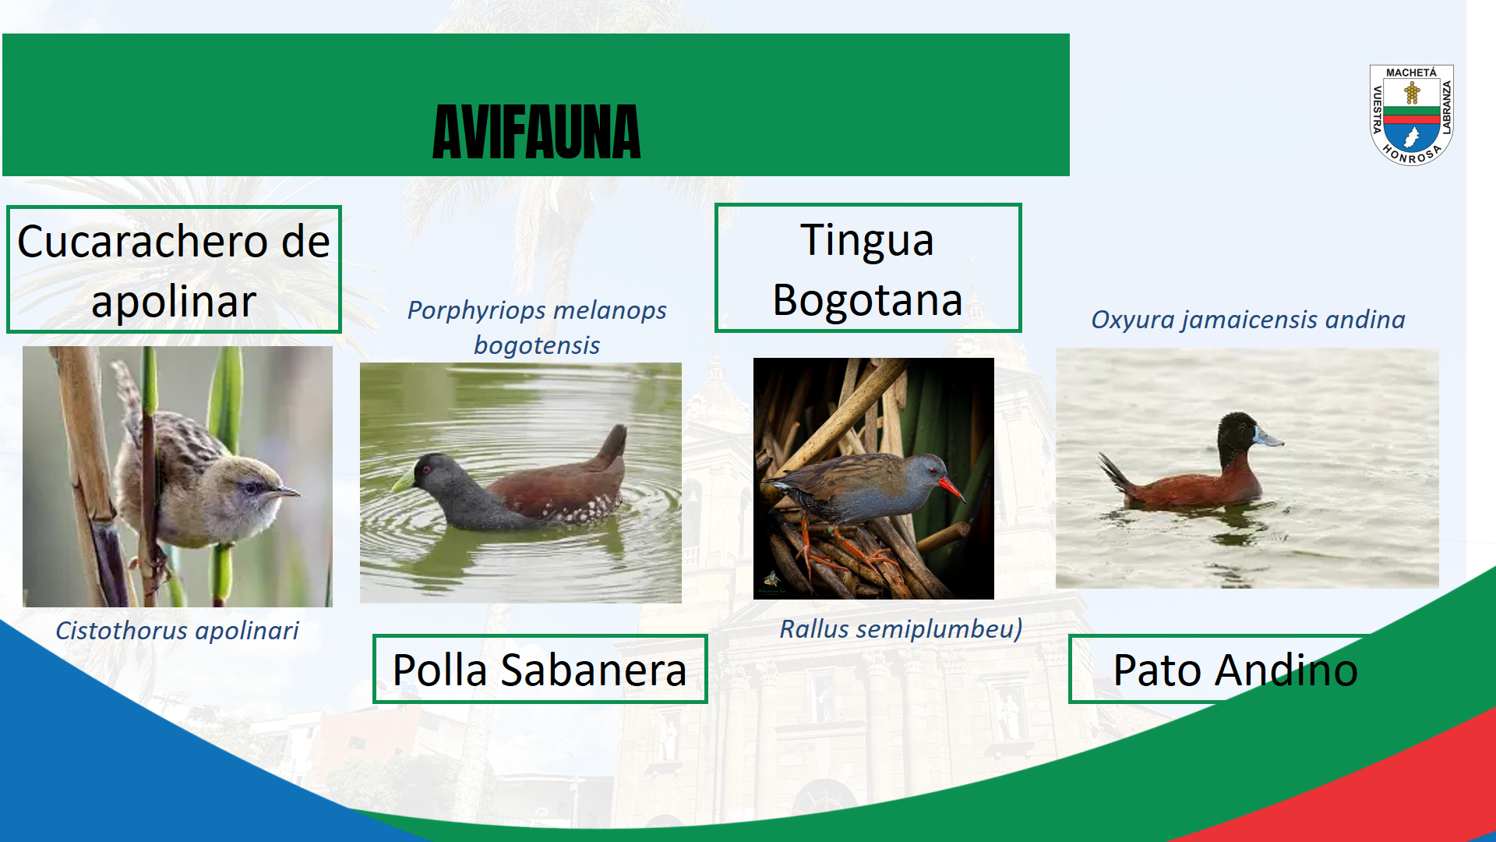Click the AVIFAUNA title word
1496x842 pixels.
[536, 133]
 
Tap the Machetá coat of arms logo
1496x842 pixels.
[1411, 115]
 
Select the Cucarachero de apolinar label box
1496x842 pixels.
[174, 270]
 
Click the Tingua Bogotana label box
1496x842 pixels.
[868, 268]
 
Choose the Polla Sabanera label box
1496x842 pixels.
[540, 669]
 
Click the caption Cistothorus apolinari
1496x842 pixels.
[177, 630]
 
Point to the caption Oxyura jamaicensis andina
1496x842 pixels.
[1247, 320]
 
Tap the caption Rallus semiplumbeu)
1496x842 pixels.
[901, 628]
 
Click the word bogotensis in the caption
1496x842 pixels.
[537, 345]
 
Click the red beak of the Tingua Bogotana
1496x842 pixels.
[952, 489]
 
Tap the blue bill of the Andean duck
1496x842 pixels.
[1268, 437]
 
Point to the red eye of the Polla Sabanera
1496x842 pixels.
[426, 469]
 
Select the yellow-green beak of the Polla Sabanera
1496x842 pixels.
[403, 479]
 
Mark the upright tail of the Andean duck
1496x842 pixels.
[1113, 472]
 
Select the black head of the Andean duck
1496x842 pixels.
[1237, 437]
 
